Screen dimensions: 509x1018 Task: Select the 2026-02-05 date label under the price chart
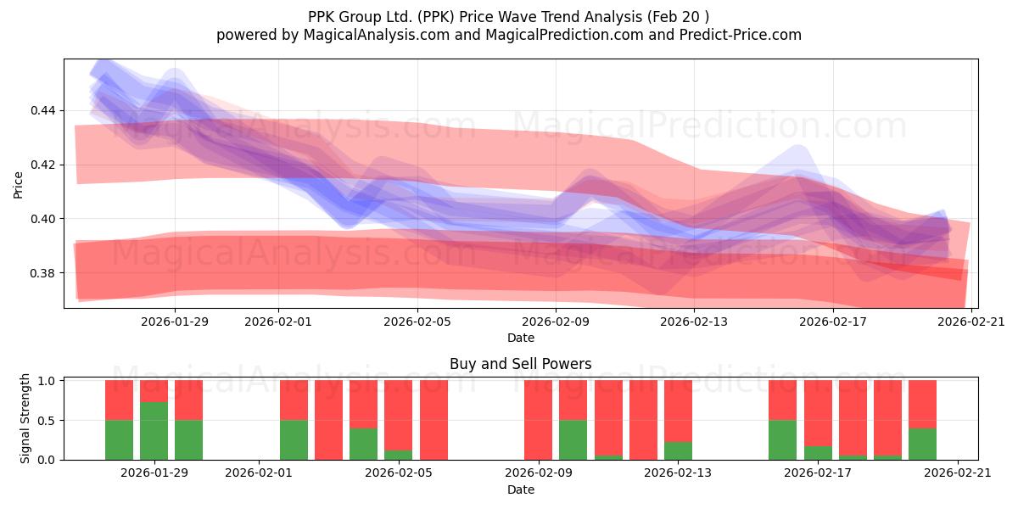(418, 322)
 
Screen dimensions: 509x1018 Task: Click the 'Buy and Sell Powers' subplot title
(520, 364)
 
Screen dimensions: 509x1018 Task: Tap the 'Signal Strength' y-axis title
(25, 417)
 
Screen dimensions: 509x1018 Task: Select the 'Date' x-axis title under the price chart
(520, 338)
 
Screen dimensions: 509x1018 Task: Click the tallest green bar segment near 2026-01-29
(154, 431)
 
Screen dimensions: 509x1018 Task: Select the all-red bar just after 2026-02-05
(433, 420)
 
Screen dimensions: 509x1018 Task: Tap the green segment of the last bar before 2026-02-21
(922, 444)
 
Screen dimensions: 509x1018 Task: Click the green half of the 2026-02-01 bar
(294, 439)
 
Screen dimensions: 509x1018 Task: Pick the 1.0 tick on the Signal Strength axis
(48, 381)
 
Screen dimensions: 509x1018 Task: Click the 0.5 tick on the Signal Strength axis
(48, 420)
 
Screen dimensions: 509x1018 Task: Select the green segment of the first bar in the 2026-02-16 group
(782, 439)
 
